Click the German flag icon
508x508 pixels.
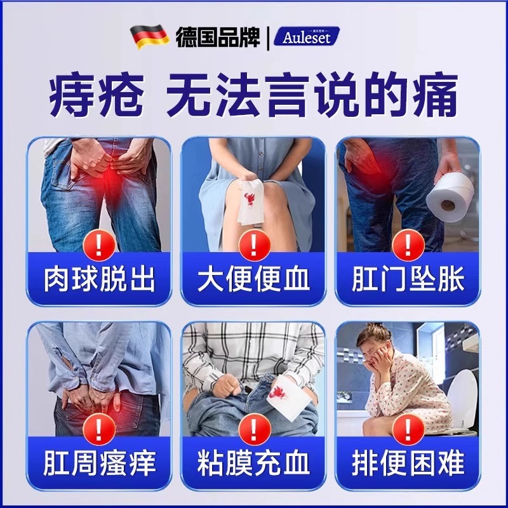(149, 37)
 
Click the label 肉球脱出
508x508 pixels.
(99, 279)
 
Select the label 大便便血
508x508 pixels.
(253, 279)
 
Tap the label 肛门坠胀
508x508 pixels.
(408, 279)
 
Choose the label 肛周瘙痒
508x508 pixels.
(99, 463)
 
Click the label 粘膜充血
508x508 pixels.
(253, 463)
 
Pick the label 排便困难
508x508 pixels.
(408, 463)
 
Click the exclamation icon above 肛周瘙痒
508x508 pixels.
(99, 428)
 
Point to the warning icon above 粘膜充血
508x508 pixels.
(253, 428)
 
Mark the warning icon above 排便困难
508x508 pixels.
(408, 428)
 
